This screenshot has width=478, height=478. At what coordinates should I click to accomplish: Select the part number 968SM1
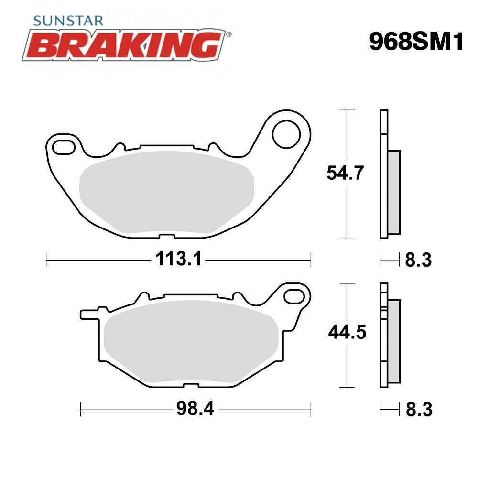pos(416,43)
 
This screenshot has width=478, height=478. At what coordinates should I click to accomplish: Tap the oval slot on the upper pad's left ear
pos(63,146)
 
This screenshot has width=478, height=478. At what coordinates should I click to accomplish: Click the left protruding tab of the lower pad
pos(88,315)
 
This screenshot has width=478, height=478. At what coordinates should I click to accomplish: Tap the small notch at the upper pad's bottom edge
pos(165,235)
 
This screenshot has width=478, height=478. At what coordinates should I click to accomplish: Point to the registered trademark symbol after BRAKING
pos(228,35)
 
